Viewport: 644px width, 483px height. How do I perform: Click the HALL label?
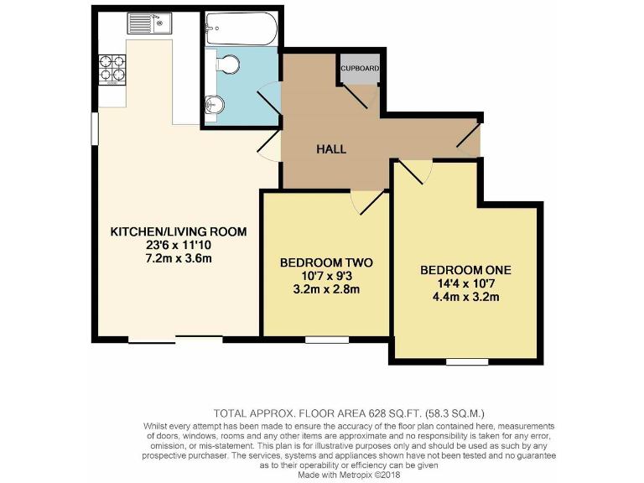click(x=331, y=149)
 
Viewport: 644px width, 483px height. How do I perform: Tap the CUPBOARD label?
click(x=361, y=69)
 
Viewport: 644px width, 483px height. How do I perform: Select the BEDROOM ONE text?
click(x=465, y=270)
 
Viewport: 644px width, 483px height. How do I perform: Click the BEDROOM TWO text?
click(x=326, y=262)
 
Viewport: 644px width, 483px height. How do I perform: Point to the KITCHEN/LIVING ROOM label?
click(x=179, y=231)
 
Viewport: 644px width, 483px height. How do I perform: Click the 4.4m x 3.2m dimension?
click(x=465, y=297)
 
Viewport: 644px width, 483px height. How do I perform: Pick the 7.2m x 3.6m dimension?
click(x=179, y=258)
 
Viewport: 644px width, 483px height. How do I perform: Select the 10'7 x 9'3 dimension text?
click(x=326, y=276)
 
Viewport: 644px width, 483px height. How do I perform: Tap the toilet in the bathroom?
click(x=226, y=64)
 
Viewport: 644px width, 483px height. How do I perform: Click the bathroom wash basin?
click(x=215, y=106)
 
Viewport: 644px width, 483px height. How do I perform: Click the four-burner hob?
click(x=112, y=70)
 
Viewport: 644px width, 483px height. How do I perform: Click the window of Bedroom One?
click(x=461, y=361)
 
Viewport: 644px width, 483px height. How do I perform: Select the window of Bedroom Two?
click(x=320, y=340)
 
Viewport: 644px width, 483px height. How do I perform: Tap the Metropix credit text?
click(x=345, y=474)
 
